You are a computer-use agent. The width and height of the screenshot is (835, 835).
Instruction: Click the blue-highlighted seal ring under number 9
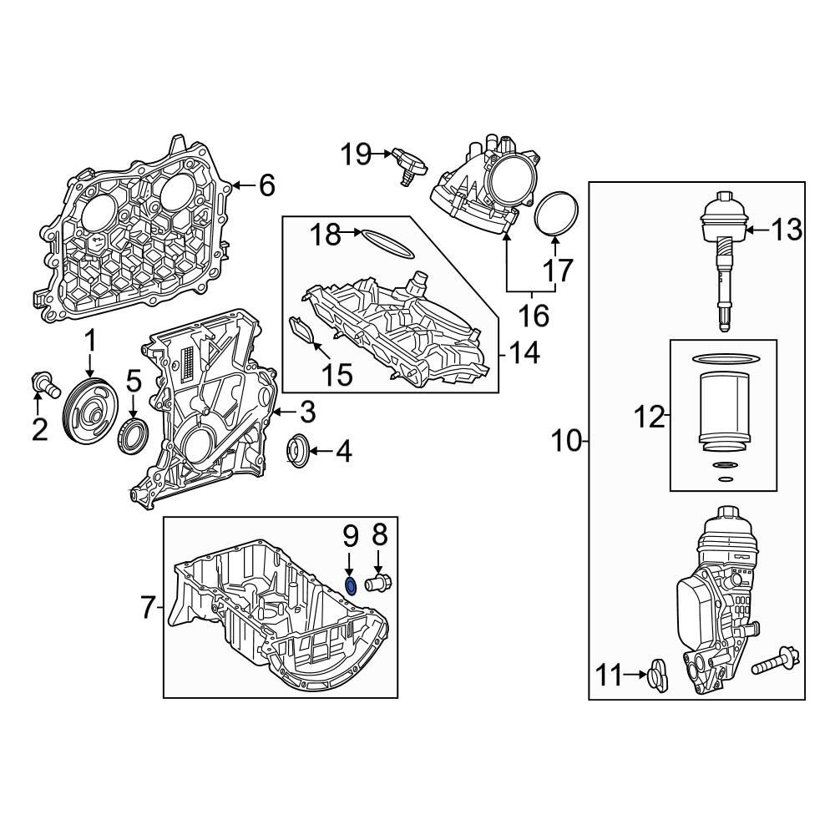point(352,584)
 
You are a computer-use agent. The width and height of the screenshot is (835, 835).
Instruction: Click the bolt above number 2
point(43,383)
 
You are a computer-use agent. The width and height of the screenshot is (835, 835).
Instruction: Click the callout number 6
point(266,185)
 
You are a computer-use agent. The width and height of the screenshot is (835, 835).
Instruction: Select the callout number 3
point(306,412)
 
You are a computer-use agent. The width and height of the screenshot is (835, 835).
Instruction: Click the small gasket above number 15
point(303,331)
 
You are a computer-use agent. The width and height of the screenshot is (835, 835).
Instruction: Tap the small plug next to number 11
point(657,675)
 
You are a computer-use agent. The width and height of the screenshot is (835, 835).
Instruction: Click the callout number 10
point(566,440)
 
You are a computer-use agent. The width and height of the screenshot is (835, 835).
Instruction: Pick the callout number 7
point(148,609)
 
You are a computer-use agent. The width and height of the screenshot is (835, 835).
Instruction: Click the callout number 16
point(534,316)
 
